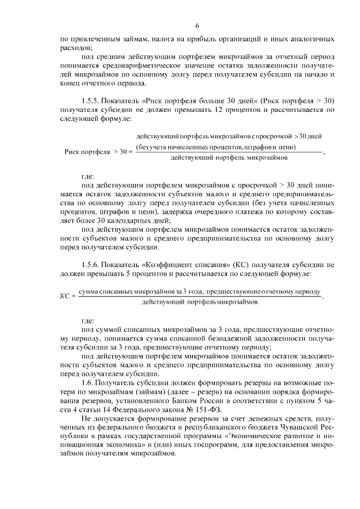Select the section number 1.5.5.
pyautogui.click(x=91, y=100)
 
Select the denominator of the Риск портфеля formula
pyautogui.click(x=229, y=158)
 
